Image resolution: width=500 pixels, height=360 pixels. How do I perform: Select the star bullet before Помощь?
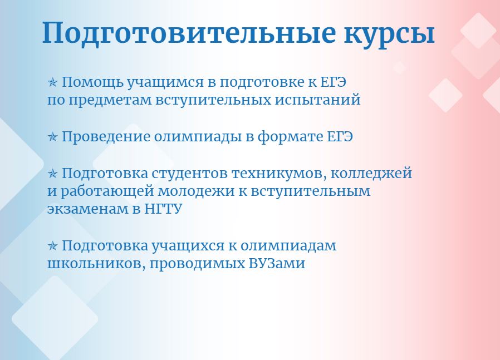tap(52, 82)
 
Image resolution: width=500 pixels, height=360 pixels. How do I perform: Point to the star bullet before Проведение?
tap(52, 137)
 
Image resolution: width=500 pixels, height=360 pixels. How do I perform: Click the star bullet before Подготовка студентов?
tap(52, 174)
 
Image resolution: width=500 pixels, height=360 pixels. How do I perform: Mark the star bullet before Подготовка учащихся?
tap(52, 246)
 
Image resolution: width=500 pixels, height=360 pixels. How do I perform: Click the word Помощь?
tap(92, 83)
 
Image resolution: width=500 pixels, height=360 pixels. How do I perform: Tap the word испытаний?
tap(317, 100)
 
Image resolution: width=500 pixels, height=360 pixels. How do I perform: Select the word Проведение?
tap(106, 137)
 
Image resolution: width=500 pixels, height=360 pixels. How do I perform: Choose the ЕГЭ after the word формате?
tap(340, 137)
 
